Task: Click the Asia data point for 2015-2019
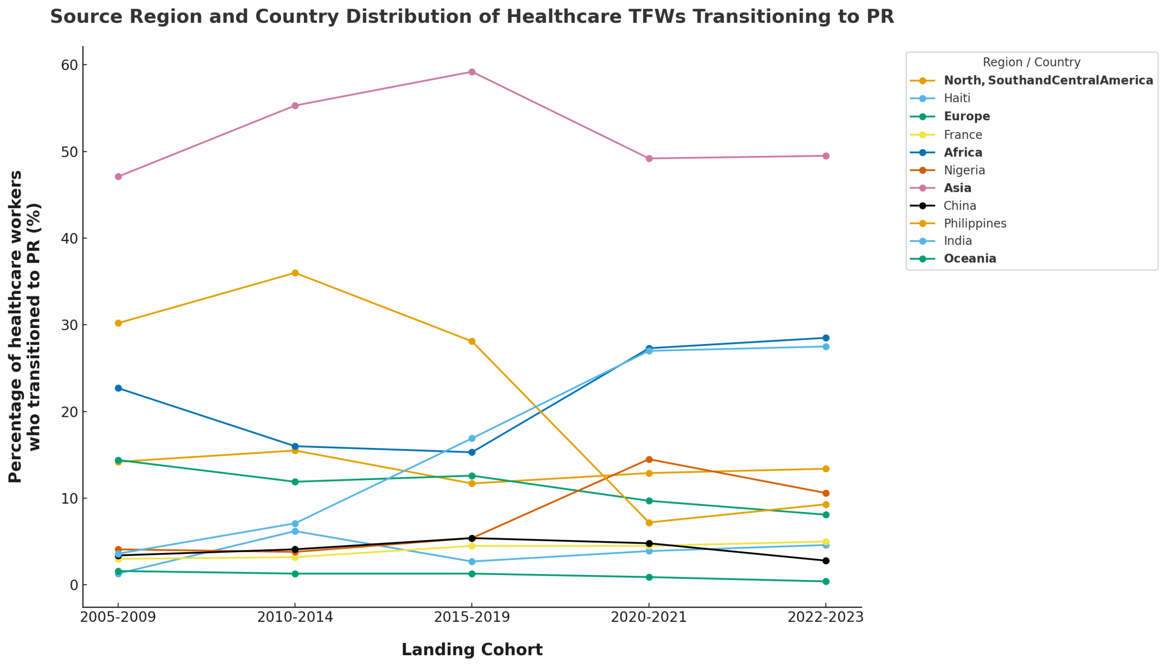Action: point(472,72)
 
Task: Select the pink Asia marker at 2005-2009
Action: point(118,176)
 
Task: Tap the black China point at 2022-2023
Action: point(826,561)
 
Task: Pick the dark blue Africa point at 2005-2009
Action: point(118,388)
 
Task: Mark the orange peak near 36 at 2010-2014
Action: point(295,273)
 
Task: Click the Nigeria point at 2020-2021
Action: point(649,460)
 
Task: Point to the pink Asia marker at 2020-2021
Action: point(649,159)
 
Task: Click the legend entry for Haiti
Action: point(956,98)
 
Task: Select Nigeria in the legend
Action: point(964,170)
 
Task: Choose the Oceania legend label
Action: point(970,259)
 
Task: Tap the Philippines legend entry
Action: point(975,224)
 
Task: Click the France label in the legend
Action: point(963,135)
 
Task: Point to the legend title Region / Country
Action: point(1031,62)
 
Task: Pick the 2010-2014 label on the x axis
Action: point(295,617)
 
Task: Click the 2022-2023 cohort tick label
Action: point(825,617)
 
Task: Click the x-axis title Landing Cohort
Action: point(472,650)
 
